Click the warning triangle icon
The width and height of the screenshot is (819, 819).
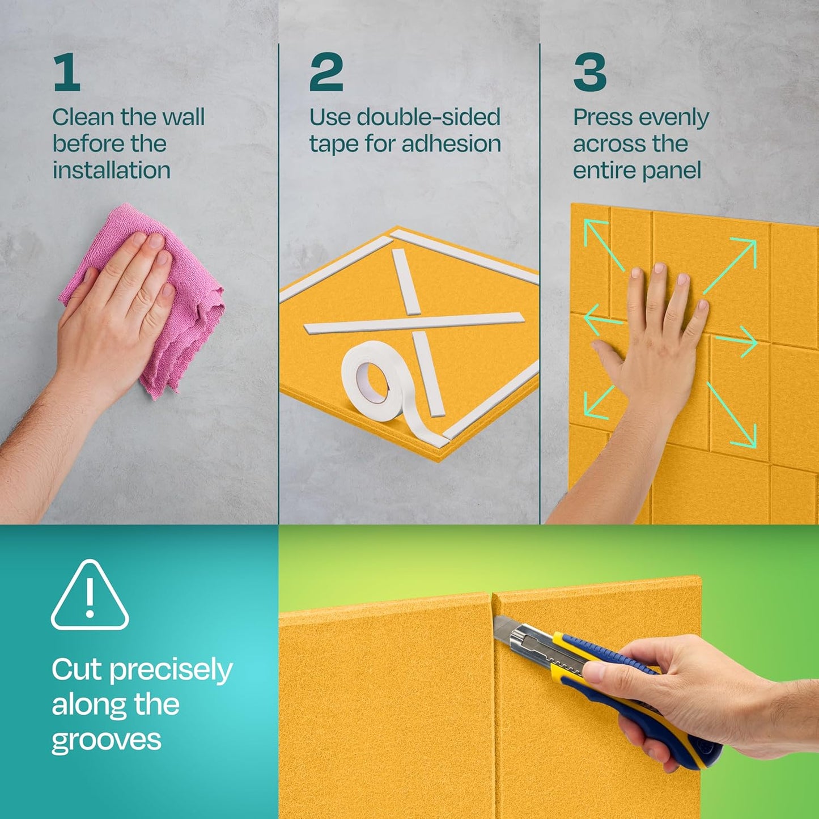click(x=90, y=595)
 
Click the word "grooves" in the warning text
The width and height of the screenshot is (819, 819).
click(x=106, y=740)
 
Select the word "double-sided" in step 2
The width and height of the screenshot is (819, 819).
click(x=428, y=117)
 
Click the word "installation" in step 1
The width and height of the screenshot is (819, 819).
click(x=111, y=171)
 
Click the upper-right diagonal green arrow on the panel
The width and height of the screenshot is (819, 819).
click(x=730, y=266)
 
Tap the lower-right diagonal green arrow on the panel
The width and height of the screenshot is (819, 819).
click(x=732, y=414)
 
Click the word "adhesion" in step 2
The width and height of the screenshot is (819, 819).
click(x=451, y=143)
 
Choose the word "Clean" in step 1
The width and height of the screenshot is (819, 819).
click(x=83, y=117)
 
